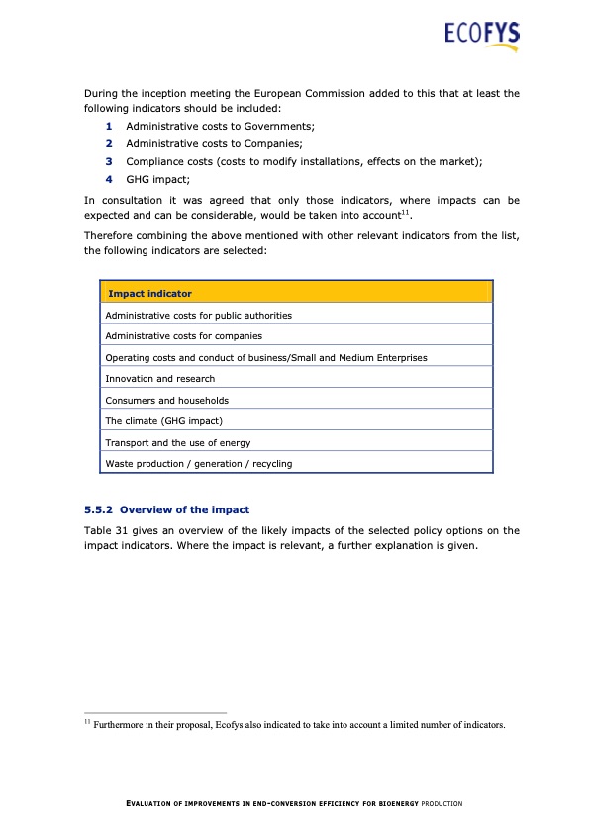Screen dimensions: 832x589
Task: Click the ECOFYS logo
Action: coord(481,36)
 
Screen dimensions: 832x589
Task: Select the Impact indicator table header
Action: coord(149,294)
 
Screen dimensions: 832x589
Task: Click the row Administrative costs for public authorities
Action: coord(198,316)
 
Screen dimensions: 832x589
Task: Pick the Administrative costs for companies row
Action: coord(176,336)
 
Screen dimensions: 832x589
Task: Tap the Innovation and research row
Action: coord(159,379)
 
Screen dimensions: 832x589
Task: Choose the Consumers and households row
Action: coord(166,400)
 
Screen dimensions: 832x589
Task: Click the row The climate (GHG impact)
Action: coord(163,421)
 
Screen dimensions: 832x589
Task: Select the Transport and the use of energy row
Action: coord(177,442)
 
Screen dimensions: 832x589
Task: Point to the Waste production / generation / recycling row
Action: coord(198,463)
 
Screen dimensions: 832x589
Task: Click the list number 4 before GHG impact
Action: coord(109,180)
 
